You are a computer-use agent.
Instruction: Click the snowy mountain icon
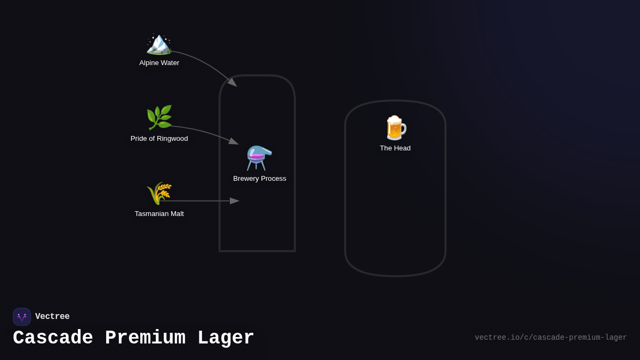[159, 43]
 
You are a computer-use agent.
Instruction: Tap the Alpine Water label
[159, 63]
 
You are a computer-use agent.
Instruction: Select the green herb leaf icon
[159, 117]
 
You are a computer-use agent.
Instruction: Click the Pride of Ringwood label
[159, 139]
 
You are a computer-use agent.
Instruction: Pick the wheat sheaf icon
[159, 193]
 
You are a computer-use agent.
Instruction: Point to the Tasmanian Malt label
[159, 214]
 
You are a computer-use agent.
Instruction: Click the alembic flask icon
[259, 158]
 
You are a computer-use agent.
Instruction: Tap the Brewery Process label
[259, 179]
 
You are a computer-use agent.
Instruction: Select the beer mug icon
[395, 128]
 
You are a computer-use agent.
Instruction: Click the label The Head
[395, 148]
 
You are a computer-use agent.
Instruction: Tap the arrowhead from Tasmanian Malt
[235, 201]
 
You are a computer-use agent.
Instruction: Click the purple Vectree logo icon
[22, 317]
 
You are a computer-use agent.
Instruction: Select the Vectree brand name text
[52, 317]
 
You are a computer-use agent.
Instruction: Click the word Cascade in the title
[53, 338]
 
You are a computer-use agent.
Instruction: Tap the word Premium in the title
[145, 338]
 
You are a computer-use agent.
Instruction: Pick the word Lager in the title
[226, 338]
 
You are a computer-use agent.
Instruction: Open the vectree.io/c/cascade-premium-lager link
[550, 338]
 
